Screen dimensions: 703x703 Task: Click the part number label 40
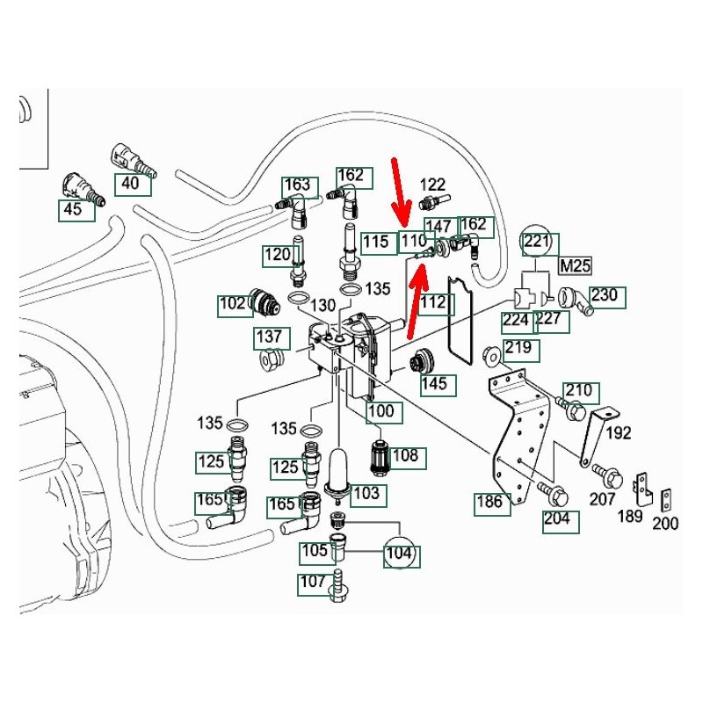pyautogui.click(x=130, y=184)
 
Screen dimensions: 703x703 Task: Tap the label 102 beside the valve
pyautogui.click(x=233, y=306)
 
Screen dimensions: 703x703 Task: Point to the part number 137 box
pyautogui.click(x=269, y=337)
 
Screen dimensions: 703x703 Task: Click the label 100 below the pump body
pyautogui.click(x=381, y=411)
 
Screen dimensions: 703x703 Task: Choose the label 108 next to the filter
pyautogui.click(x=406, y=457)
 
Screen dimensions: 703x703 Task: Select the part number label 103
pyautogui.click(x=366, y=493)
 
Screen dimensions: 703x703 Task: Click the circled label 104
pyautogui.click(x=400, y=554)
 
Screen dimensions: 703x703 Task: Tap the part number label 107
pyautogui.click(x=312, y=581)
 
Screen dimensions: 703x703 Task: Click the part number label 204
pyautogui.click(x=556, y=518)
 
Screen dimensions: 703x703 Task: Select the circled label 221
pyautogui.click(x=536, y=241)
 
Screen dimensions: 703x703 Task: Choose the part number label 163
pyautogui.click(x=298, y=185)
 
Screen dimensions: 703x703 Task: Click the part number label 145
pyautogui.click(x=433, y=383)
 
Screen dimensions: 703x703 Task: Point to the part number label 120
pyautogui.click(x=278, y=256)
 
